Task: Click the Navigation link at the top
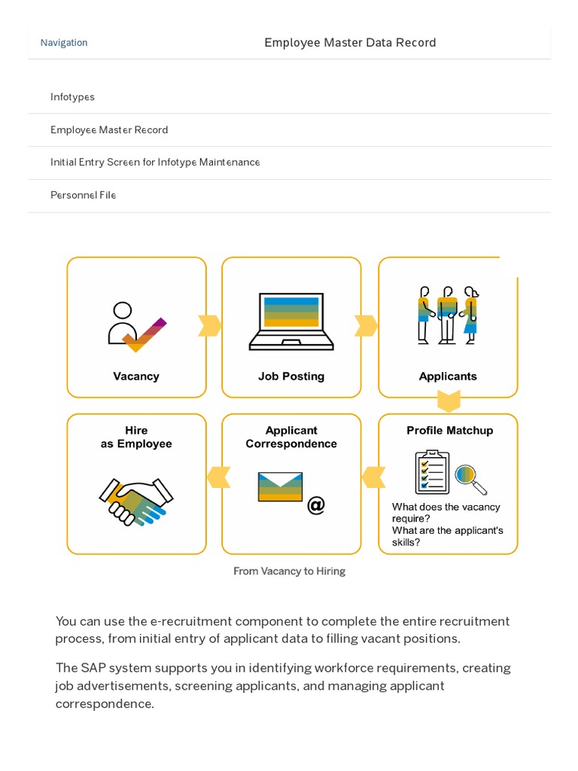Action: click(x=64, y=43)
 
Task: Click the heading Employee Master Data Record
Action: click(x=350, y=43)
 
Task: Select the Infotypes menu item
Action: click(x=72, y=97)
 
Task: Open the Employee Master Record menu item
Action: click(x=109, y=130)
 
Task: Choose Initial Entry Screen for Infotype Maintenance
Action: click(x=155, y=162)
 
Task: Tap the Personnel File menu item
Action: click(x=83, y=195)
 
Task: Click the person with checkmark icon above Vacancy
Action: click(x=135, y=326)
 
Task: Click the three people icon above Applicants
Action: click(x=448, y=315)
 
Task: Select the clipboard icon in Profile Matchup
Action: click(x=432, y=472)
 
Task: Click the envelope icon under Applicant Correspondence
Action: click(x=280, y=486)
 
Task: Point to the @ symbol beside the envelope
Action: click(x=316, y=504)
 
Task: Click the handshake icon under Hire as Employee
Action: click(x=136, y=500)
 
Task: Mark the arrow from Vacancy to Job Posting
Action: click(x=210, y=326)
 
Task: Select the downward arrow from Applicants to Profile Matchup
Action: click(x=449, y=401)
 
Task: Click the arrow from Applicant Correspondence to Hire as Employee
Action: click(x=218, y=477)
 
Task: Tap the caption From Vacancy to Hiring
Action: click(x=289, y=571)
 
